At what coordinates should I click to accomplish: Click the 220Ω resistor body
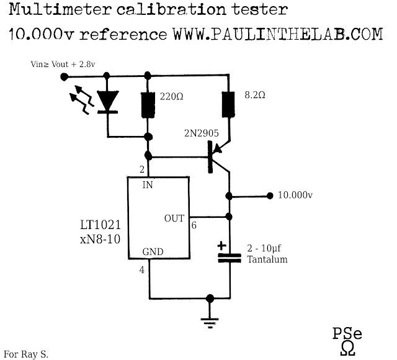click(148, 105)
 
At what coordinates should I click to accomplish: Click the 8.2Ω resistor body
click(228, 104)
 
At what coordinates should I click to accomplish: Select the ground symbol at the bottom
click(210, 323)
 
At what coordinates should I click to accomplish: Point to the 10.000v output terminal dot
click(270, 196)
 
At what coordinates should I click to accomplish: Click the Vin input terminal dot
click(65, 76)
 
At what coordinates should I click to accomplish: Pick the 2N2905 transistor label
click(201, 133)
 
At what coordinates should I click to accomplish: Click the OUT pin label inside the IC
click(174, 218)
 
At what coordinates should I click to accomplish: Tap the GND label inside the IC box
click(153, 251)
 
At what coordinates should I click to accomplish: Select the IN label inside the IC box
click(148, 185)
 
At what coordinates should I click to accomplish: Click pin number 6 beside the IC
click(194, 225)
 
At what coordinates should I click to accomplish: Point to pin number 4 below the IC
click(142, 270)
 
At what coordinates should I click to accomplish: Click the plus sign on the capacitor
click(222, 246)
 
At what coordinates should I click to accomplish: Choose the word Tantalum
click(267, 259)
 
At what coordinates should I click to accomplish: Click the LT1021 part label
click(100, 225)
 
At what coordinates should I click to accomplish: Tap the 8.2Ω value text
click(255, 95)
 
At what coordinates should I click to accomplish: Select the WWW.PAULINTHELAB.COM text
click(278, 34)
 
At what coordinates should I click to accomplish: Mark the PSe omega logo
click(347, 341)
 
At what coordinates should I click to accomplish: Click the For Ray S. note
click(26, 354)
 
